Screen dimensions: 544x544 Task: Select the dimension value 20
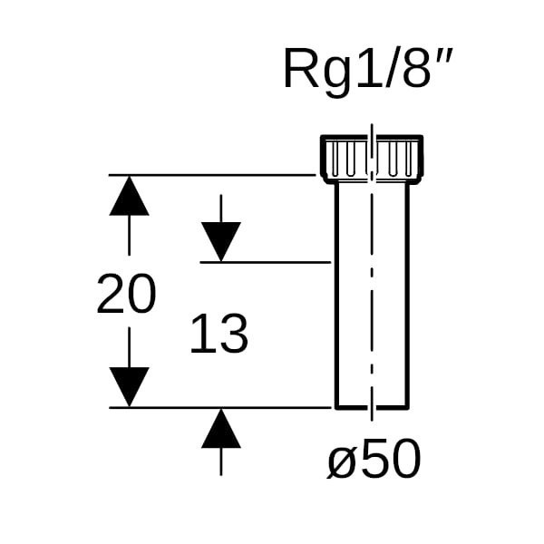tap(126, 296)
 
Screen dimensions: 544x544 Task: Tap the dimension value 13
tap(219, 335)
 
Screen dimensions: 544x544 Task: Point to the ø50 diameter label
tap(374, 460)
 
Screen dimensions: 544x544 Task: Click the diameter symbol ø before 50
tap(342, 462)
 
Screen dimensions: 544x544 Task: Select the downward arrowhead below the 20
tap(129, 387)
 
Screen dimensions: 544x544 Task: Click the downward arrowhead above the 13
tap(221, 240)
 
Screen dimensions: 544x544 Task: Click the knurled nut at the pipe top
tap(372, 159)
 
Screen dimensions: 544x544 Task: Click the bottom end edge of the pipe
tap(372, 408)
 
